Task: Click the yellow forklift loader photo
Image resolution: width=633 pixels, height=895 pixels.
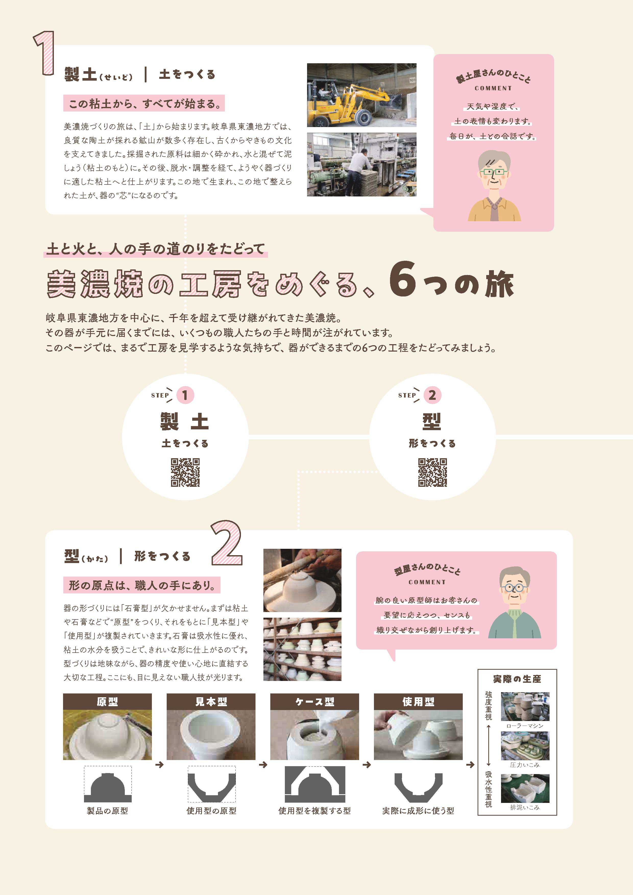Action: pos(361,95)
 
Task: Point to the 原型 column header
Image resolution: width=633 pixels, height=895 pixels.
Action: pos(107,702)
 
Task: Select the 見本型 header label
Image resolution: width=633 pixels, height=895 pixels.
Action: pos(211,702)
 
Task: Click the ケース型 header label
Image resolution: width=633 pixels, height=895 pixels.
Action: pos(315,702)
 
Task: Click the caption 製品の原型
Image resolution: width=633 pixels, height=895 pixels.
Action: pos(107,811)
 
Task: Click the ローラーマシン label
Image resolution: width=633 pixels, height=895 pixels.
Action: pos(525,726)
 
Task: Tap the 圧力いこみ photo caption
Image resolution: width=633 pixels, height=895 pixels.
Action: pos(525,765)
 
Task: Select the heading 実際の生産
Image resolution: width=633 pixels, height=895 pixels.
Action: pos(517,679)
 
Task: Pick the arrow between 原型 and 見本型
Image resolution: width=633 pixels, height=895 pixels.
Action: pos(159,765)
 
